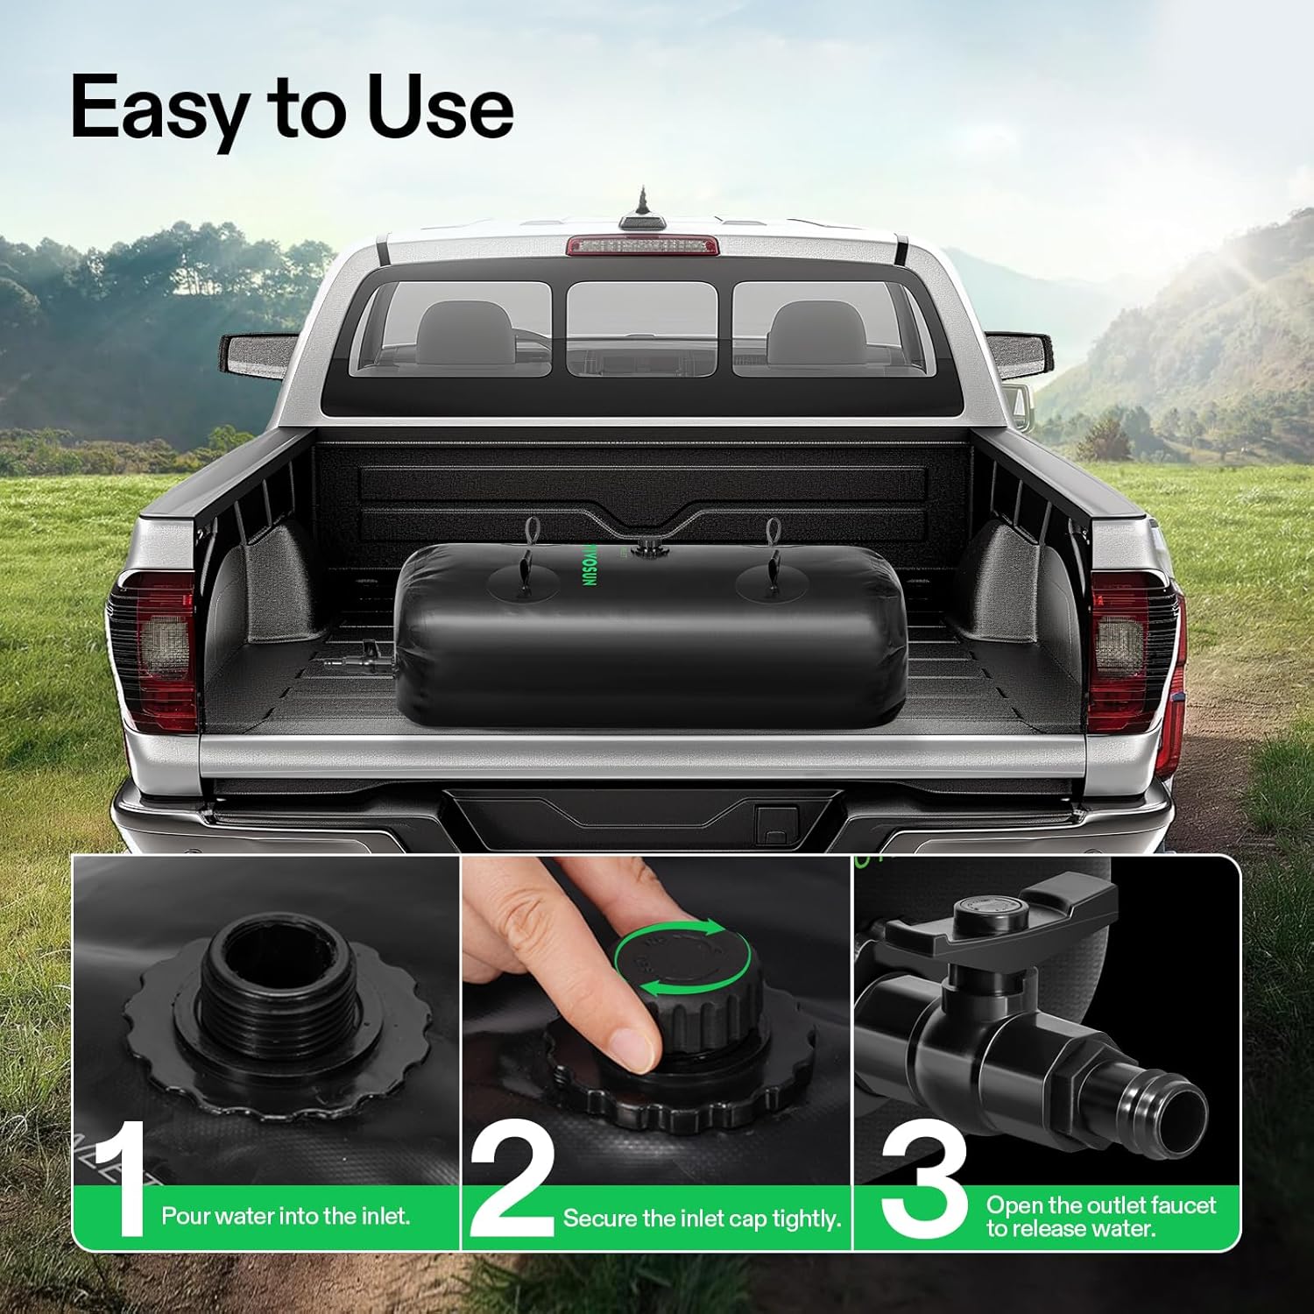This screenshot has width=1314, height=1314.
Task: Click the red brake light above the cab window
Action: click(x=642, y=245)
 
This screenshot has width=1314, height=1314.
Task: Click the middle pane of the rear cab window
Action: click(x=642, y=328)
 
